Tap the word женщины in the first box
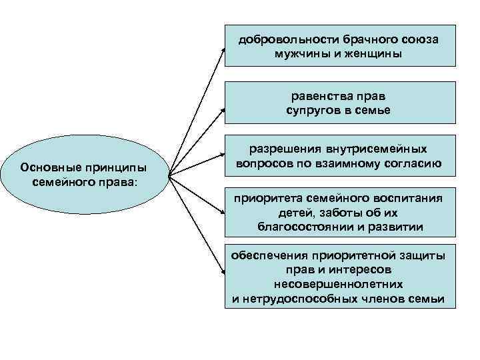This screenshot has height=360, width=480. [x=371, y=53]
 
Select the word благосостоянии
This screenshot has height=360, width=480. [x=301, y=226]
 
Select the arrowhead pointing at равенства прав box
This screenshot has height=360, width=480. [x=222, y=105]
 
